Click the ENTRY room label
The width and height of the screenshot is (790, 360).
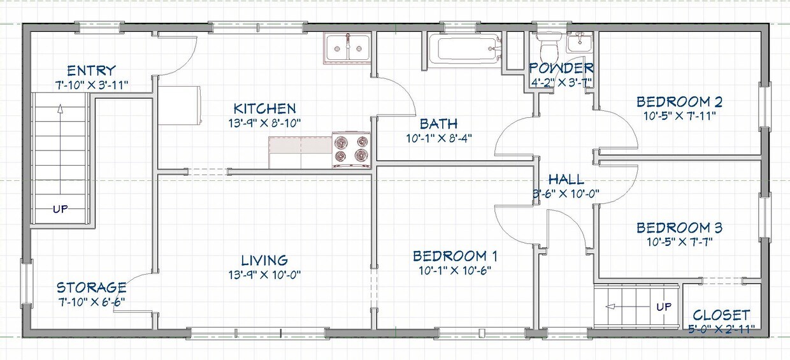(92, 70)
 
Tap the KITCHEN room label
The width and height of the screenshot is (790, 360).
(264, 108)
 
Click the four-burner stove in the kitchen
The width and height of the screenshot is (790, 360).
(351, 150)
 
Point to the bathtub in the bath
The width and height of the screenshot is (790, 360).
(463, 49)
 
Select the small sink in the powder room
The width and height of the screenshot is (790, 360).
(579, 43)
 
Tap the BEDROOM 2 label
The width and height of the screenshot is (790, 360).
(679, 101)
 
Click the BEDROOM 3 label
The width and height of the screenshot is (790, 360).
(679, 227)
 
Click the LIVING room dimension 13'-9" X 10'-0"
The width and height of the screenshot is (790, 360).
(264, 275)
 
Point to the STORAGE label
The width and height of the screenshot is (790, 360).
(91, 287)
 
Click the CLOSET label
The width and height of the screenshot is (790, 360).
(721, 315)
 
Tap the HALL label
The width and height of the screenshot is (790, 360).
(566, 179)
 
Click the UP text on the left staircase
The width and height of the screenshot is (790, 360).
(60, 208)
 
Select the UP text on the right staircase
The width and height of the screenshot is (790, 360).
(664, 307)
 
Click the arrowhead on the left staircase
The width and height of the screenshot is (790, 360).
(60, 109)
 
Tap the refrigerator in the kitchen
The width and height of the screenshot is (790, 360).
(179, 105)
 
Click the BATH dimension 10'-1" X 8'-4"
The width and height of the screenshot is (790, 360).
(438, 137)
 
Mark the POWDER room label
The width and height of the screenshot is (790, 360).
(561, 68)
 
